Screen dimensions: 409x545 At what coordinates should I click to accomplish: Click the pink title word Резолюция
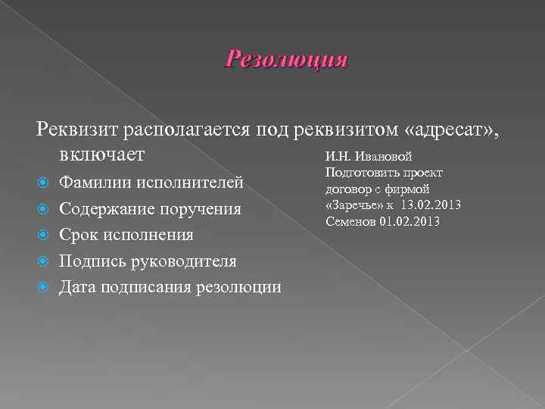286,60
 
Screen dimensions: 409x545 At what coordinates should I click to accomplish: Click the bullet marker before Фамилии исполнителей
43,183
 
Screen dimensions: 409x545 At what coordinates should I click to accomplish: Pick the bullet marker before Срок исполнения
43,235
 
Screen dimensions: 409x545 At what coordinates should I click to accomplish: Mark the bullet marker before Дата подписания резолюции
43,287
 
